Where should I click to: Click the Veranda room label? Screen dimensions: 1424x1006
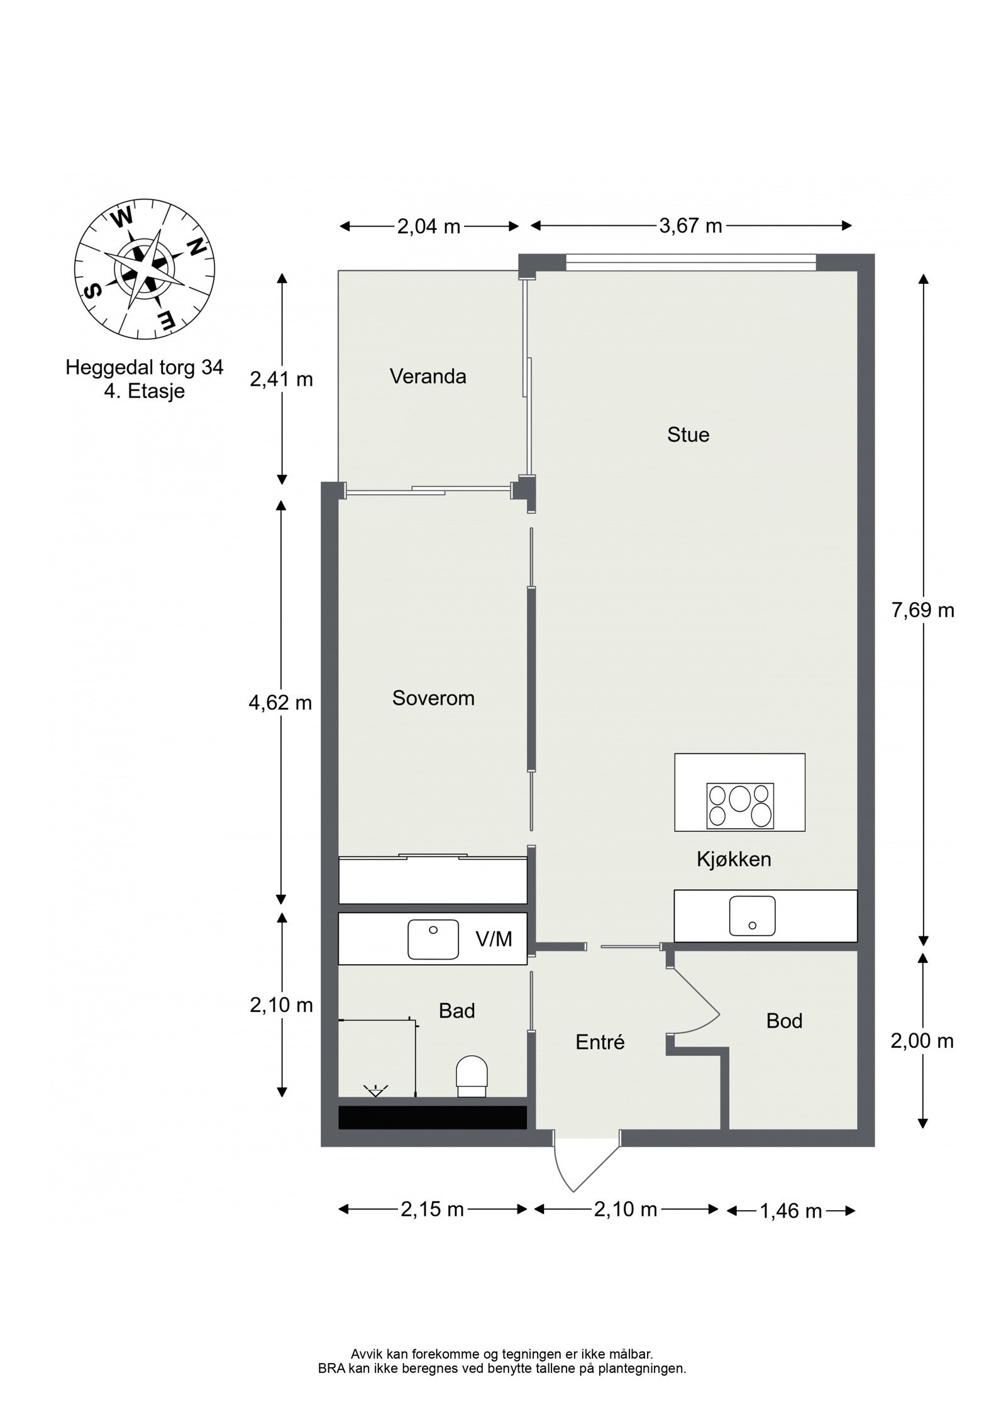coord(428,376)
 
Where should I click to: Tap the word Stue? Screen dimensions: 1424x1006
coord(688,435)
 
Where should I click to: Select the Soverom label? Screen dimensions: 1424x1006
coord(433,698)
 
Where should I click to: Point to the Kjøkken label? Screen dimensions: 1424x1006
coord(733,859)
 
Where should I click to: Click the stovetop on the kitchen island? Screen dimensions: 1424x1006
coord(739,806)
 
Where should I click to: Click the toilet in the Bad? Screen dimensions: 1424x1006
coord(472,1076)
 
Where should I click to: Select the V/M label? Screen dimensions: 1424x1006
coord(494,939)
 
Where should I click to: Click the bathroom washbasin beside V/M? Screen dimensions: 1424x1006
coord(433,939)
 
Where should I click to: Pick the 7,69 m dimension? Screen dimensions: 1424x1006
coord(922,610)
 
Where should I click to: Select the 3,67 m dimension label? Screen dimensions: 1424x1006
coord(690,225)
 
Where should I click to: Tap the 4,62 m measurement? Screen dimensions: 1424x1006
coord(280,702)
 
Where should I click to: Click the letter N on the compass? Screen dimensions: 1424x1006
coord(197,247)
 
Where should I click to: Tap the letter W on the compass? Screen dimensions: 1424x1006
coord(122,218)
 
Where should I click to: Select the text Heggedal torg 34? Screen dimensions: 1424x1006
coord(145,367)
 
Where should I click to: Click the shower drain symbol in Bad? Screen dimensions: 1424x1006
coord(375,1090)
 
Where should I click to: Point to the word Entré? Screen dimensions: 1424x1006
coord(600,1042)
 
